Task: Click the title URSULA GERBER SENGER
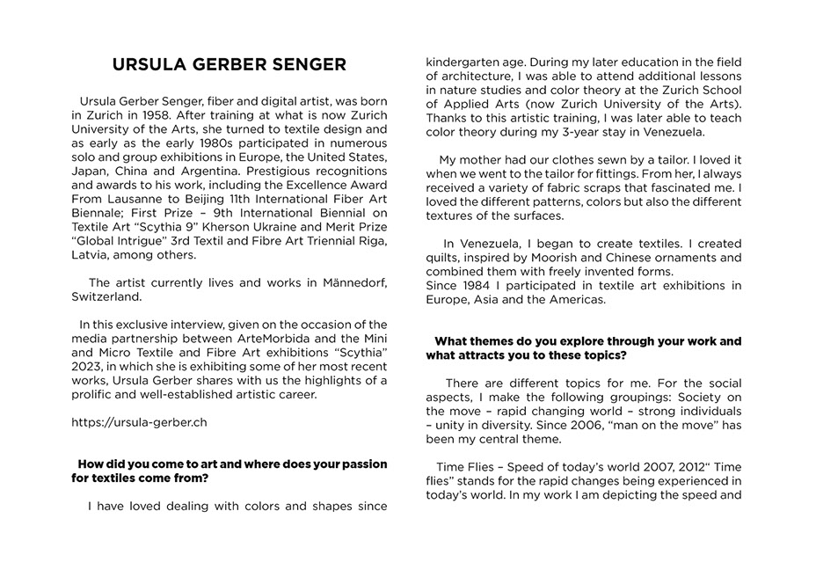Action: point(229,65)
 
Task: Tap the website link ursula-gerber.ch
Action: point(139,421)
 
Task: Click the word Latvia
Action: point(91,254)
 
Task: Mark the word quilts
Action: point(444,258)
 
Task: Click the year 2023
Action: point(89,366)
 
